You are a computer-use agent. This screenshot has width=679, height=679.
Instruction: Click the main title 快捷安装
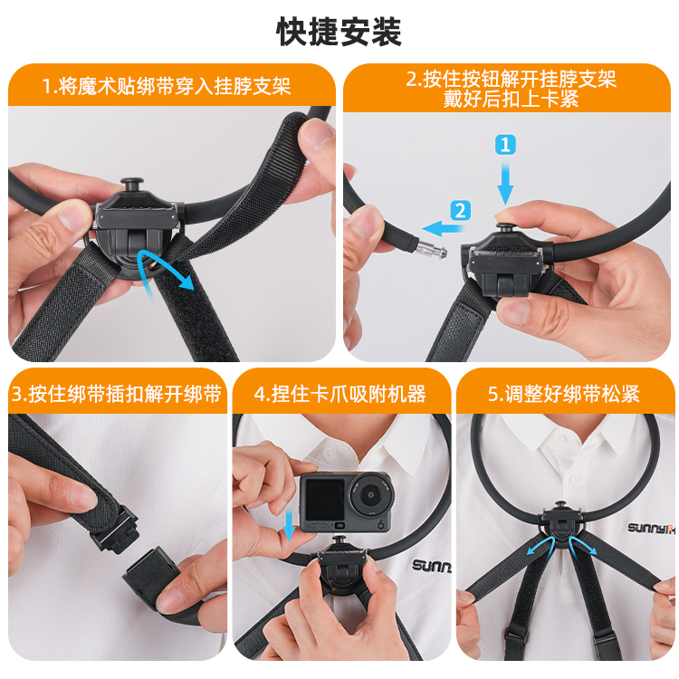coord(339,32)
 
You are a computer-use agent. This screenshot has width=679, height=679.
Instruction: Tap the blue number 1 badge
coord(505,145)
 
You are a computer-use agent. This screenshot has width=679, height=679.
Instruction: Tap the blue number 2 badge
coord(460,211)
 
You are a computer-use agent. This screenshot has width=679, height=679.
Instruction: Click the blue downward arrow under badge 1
coord(505,183)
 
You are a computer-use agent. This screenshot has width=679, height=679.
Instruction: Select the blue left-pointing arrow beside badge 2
coord(445,228)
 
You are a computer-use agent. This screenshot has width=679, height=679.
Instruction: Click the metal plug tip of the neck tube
coord(431,250)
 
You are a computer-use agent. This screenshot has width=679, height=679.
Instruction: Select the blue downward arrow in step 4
coord(289,525)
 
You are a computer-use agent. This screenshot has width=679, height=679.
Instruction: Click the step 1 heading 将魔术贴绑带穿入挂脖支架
coord(167,86)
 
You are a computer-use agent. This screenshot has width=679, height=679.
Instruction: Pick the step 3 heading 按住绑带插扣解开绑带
coord(117,394)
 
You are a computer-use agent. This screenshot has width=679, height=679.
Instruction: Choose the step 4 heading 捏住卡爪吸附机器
coord(340,394)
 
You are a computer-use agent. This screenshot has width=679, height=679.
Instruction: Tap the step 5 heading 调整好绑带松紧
coord(564,394)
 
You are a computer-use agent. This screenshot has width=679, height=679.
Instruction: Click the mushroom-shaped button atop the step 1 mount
coord(132,184)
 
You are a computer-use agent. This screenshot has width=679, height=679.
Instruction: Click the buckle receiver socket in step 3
coord(148,570)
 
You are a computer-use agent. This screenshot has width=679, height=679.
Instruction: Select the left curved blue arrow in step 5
coord(540,545)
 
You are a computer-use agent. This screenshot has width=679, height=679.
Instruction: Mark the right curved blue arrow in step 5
coord(582,545)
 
